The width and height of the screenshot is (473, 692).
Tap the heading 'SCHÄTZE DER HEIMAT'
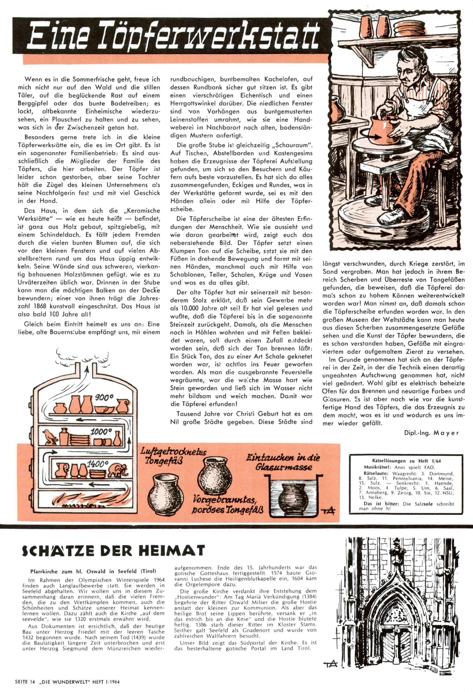pyautogui.click(x=114, y=551)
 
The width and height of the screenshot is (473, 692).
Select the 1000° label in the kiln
pyautogui.click(x=101, y=431)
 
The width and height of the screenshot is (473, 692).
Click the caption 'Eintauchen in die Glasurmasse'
pyautogui.click(x=283, y=462)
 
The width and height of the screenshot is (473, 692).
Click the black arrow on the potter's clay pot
pyautogui.click(x=375, y=136)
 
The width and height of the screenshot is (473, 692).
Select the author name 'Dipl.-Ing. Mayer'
pyautogui.click(x=431, y=433)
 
